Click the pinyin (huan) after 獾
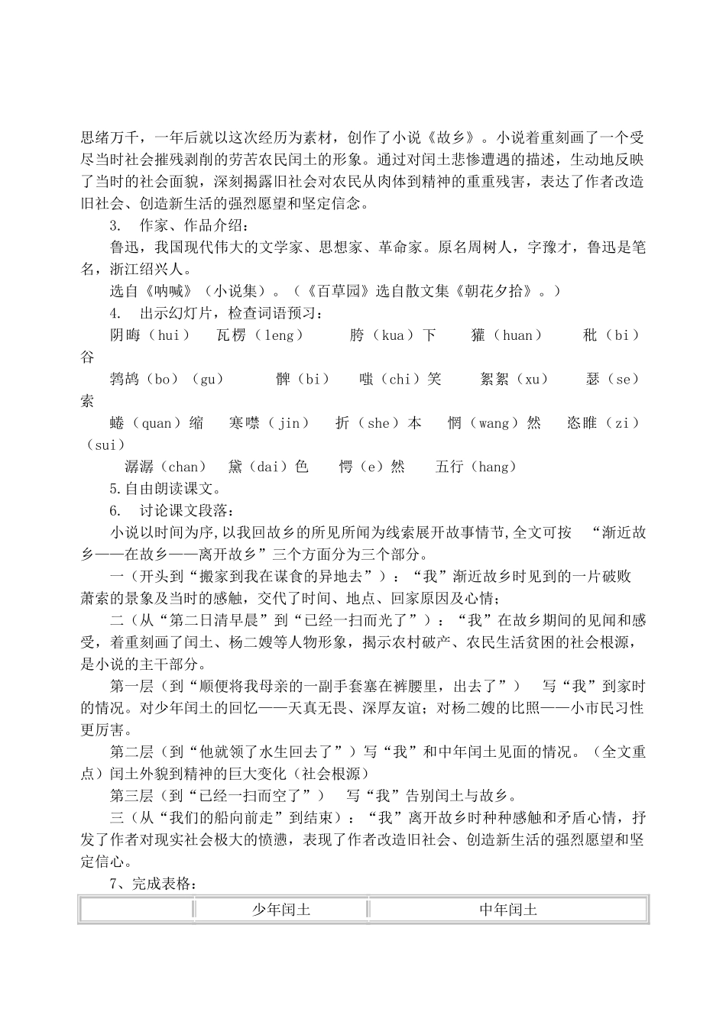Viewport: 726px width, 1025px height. pos(517,335)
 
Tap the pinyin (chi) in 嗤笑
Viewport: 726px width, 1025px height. pos(400,380)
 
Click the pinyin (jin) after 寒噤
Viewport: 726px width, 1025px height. pos(288,423)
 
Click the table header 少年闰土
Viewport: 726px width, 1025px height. pos(281,910)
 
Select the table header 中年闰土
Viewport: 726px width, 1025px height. pos(508,910)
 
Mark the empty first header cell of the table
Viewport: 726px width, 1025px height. pos(137,910)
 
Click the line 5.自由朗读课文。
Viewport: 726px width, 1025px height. pos(165,489)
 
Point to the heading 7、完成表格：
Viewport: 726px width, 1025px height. pos(154,884)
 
